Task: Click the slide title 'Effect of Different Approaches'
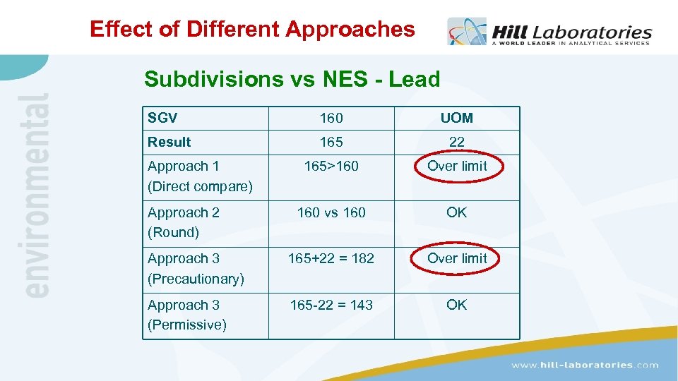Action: coord(252,29)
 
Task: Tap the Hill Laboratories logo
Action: coord(549,32)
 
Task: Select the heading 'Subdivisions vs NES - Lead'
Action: coord(292,79)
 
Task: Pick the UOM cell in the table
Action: coord(457,118)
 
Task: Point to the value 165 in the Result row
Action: coord(331,142)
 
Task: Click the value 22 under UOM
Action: coord(457,142)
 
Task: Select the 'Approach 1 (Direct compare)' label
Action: coord(200,176)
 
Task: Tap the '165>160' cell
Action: coord(331,167)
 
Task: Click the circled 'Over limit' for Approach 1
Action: coord(457,167)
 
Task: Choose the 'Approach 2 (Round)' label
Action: coord(184,222)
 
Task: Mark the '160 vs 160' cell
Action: coord(331,212)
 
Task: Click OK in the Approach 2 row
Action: coord(457,212)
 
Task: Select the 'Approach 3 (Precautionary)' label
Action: coord(196,269)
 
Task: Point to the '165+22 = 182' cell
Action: coord(331,258)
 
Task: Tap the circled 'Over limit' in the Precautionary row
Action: coord(457,258)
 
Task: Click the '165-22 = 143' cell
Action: coord(331,305)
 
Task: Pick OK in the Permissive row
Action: coord(457,305)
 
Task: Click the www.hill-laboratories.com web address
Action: coord(585,365)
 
